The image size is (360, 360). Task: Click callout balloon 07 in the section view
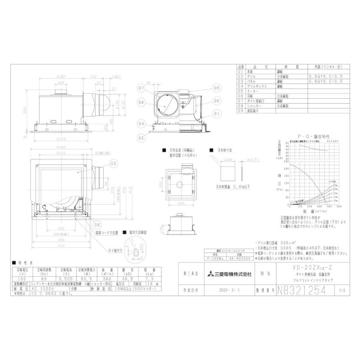point(141,88)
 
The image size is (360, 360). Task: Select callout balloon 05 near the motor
point(217,88)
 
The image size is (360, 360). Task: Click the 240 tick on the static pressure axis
point(286,169)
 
